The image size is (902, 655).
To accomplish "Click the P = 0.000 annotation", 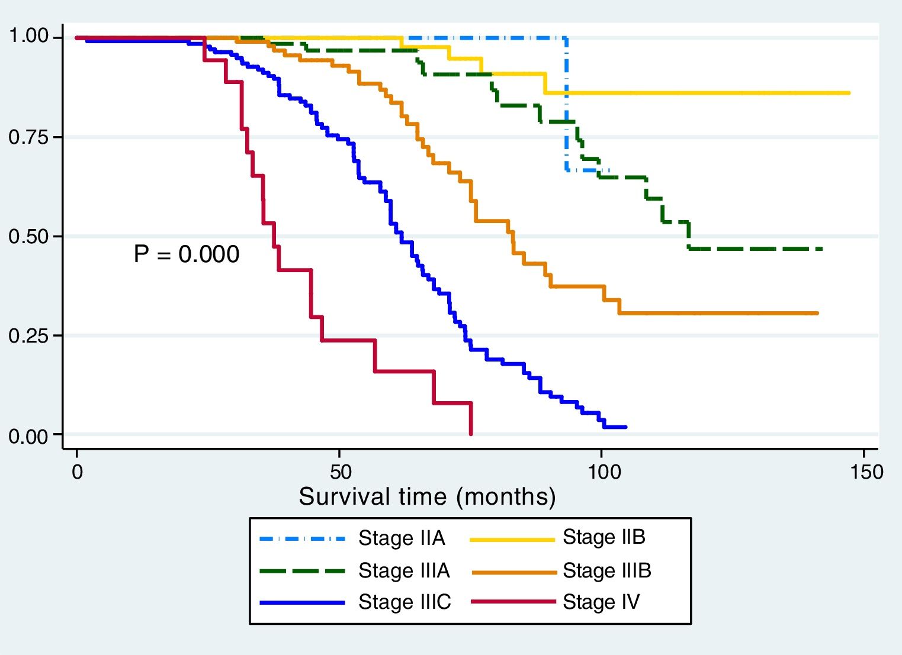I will pos(187,254).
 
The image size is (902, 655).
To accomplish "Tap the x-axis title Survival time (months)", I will pos(427,496).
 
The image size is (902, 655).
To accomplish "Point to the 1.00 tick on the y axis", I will pos(28,37).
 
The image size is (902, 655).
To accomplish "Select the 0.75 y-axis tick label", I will pos(28,137).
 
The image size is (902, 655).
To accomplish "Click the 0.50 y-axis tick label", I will pos(28,237).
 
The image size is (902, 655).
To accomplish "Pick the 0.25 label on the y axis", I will pos(28,335).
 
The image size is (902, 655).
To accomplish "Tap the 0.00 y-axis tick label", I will pos(28,436).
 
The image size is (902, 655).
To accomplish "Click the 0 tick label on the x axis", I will pos(77,472).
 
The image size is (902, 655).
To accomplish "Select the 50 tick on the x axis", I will pos(339,472).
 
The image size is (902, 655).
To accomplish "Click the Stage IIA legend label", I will pos(402,538).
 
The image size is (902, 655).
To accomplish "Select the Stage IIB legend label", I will pos(604,537).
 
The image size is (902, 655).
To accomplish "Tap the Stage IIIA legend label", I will pos(404,570).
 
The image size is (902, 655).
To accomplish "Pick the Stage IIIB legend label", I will pos(606,570).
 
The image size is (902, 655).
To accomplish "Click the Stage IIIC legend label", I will pos(405,602).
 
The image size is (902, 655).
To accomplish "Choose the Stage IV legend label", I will pos(601,602).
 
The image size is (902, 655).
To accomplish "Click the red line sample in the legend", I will pos(513,602).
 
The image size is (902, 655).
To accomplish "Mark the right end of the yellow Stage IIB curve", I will pos(849,93).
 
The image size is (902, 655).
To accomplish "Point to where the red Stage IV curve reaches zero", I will pos(471,434).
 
